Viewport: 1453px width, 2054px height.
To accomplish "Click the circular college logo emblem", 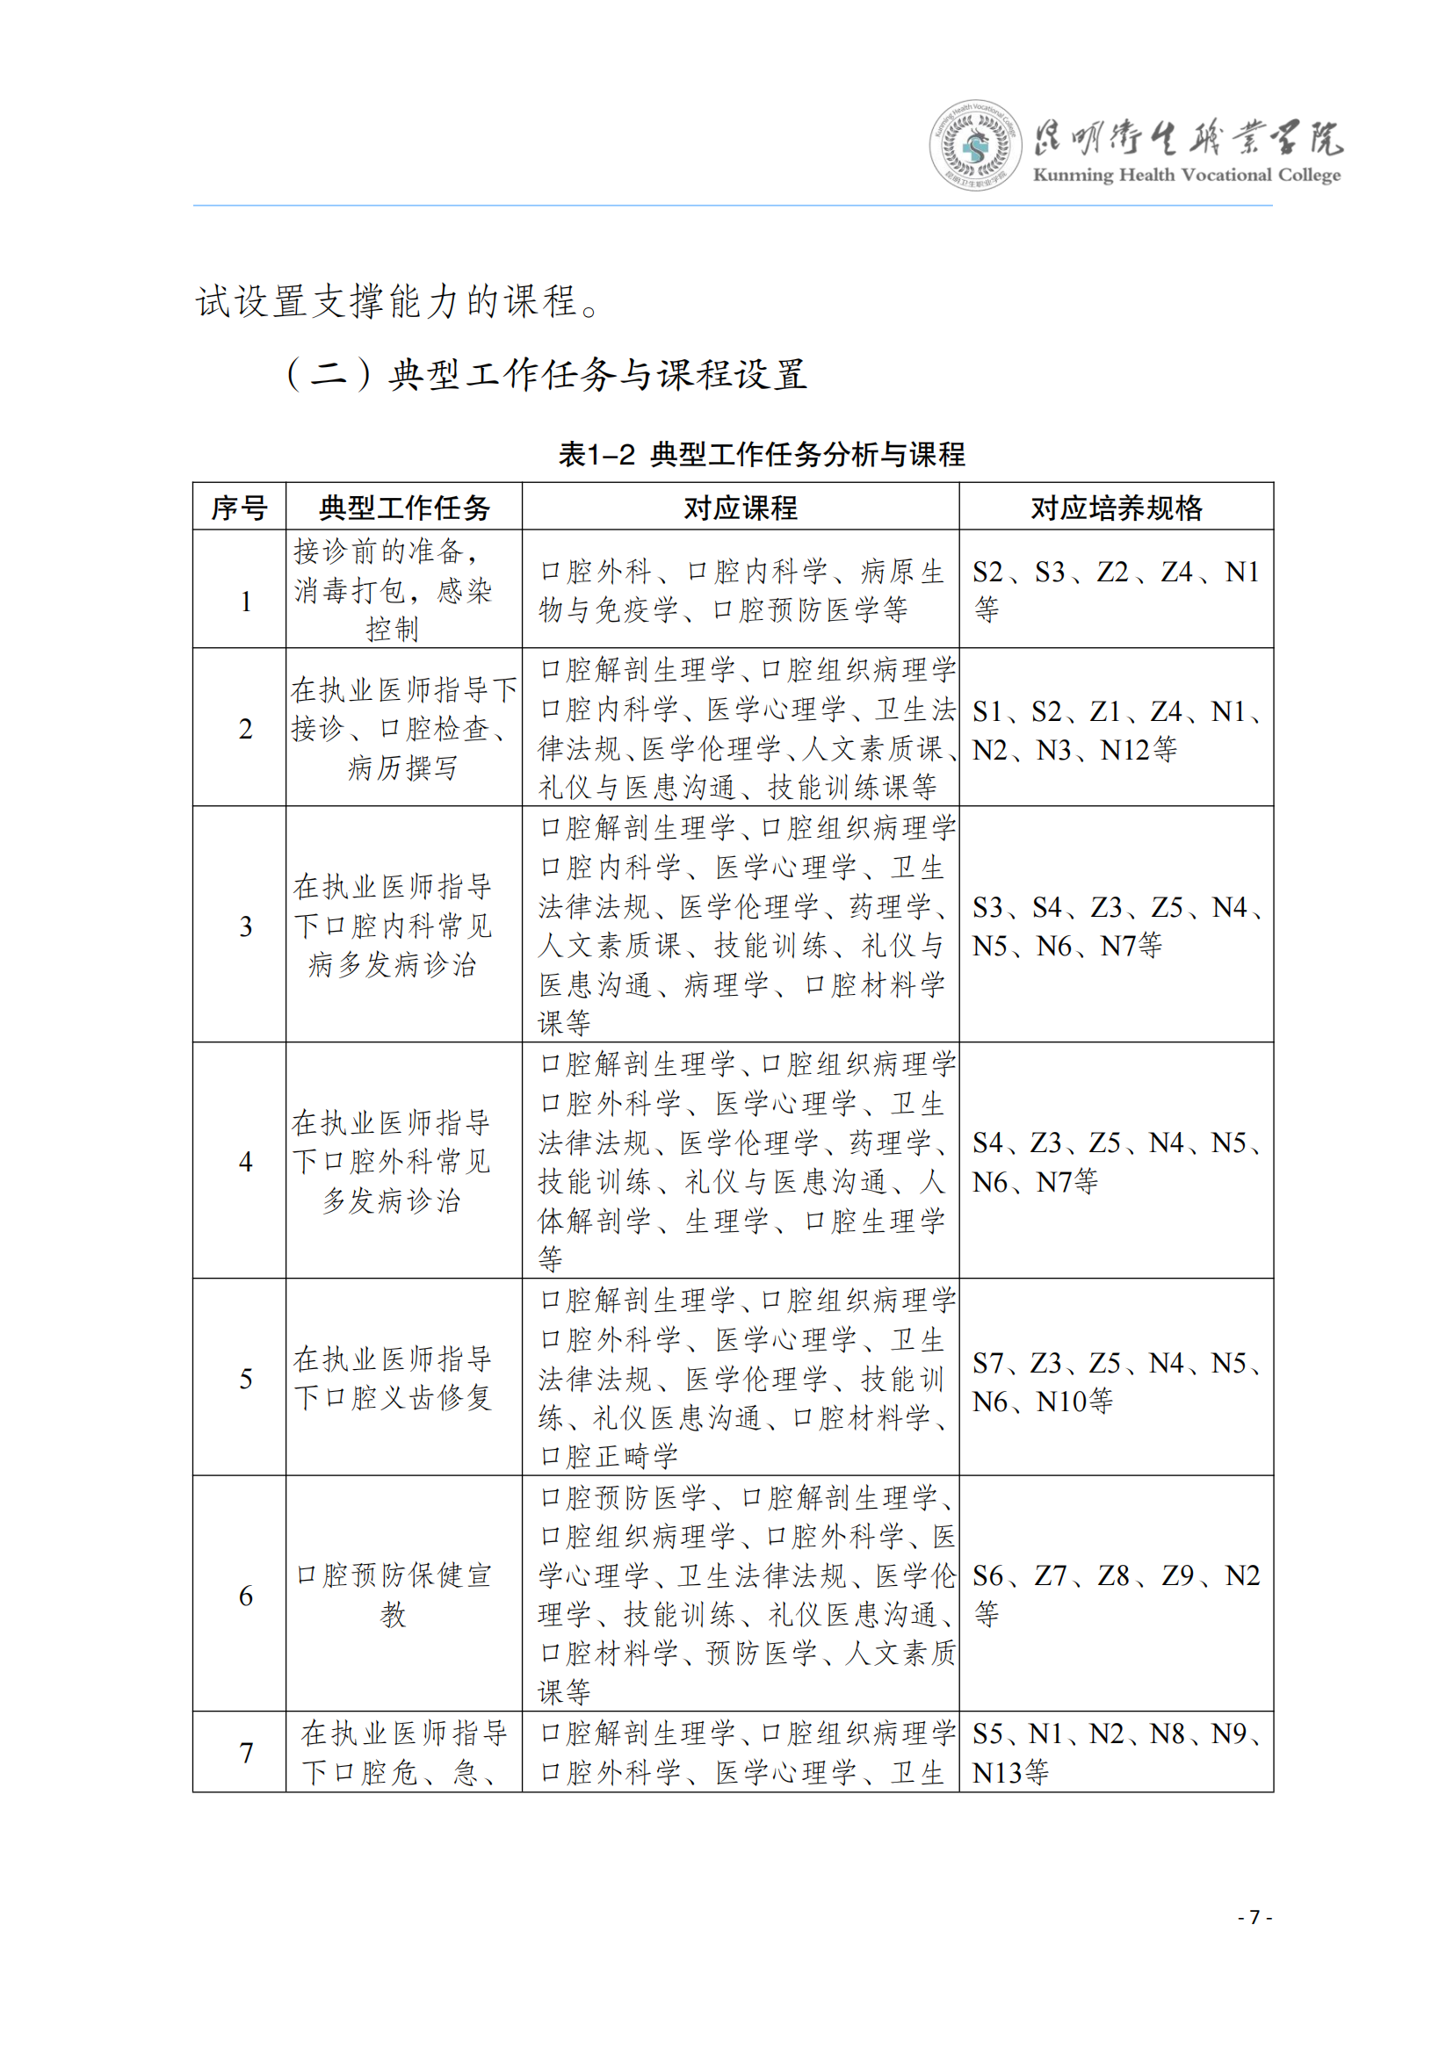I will click(x=974, y=145).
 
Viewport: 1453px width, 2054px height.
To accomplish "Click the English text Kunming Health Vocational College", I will click(x=1186, y=176).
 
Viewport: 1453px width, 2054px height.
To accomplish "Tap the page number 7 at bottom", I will click(x=1254, y=1916).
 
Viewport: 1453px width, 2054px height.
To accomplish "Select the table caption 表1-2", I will click(x=596, y=455).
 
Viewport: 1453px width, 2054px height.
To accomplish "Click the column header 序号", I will click(x=239, y=508).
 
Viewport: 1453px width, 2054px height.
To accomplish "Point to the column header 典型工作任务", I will click(x=404, y=508).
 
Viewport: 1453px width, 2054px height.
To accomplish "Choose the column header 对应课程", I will click(x=740, y=508).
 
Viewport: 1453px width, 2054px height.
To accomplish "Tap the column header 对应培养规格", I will click(x=1116, y=508).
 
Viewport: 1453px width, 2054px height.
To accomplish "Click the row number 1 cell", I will click(x=246, y=602).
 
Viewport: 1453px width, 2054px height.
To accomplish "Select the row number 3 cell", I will click(x=246, y=926).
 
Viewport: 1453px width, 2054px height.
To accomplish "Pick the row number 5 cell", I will click(x=246, y=1379).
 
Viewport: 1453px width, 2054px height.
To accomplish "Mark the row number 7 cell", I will click(x=246, y=1753).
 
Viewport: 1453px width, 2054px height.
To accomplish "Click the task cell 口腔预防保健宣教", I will click(x=394, y=1595).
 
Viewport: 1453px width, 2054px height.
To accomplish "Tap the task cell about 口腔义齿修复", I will click(x=394, y=1379).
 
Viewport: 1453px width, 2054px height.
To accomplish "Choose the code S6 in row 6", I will click(x=987, y=1575).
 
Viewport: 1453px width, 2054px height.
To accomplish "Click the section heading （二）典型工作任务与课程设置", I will click(x=546, y=374).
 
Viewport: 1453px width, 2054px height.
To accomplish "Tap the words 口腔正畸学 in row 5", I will click(x=610, y=1456).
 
